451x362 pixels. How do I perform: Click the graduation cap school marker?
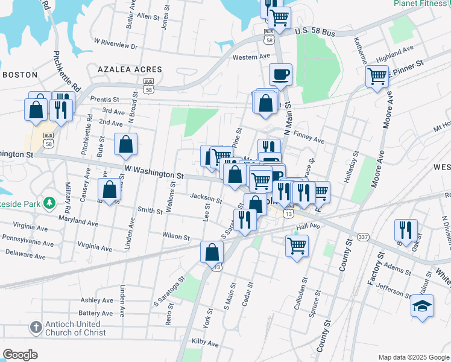pyautogui.click(x=422, y=305)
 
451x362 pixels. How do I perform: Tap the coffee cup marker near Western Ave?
pyautogui.click(x=280, y=75)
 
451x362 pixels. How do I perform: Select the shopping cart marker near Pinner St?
pyautogui.click(x=377, y=77)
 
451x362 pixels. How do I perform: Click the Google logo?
pyautogui.click(x=20, y=355)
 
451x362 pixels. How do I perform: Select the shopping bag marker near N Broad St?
pyautogui.click(x=125, y=145)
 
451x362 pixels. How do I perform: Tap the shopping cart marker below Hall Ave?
pyautogui.click(x=297, y=246)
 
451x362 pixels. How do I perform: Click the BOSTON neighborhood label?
pyautogui.click(x=20, y=75)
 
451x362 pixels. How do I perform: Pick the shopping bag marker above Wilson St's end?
pyautogui.click(x=212, y=252)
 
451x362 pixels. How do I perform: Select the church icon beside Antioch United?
pyautogui.click(x=36, y=328)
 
